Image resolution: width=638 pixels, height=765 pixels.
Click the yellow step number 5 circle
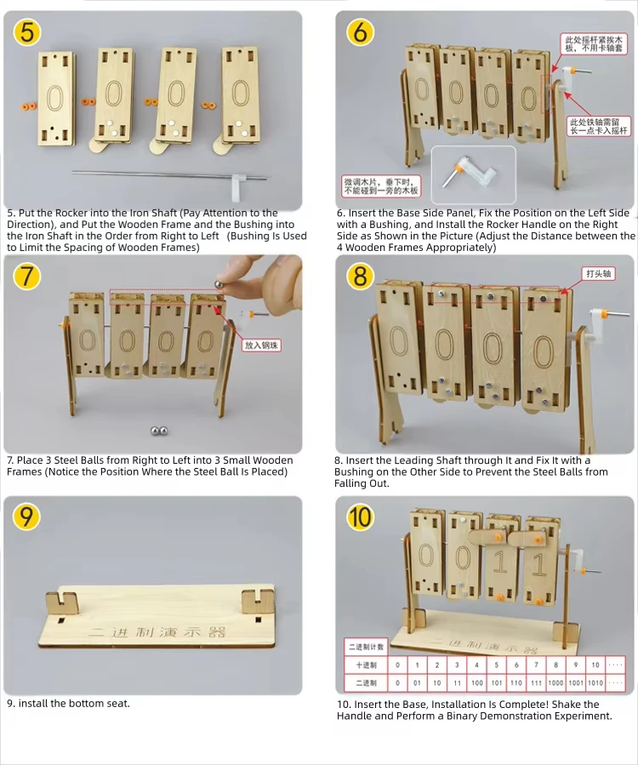pos(27,33)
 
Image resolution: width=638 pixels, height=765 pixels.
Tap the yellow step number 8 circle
pos(360,277)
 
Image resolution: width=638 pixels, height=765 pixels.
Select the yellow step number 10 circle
pos(360,517)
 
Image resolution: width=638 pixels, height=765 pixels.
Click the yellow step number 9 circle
pos(27,517)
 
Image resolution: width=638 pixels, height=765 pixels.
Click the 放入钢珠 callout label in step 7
pos(261,345)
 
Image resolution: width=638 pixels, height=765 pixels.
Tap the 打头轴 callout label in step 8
pos(599,273)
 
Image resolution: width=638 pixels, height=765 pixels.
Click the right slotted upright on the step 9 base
pos(252,601)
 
